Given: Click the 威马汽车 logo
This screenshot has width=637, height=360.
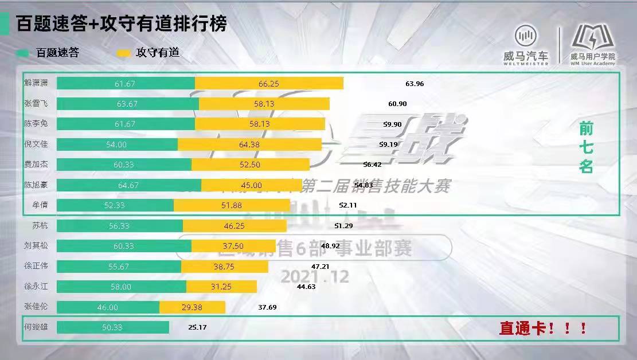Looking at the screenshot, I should (x=526, y=44).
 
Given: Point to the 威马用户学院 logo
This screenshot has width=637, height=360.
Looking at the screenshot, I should (x=593, y=44).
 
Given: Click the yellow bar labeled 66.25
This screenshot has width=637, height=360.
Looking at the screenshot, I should (x=269, y=84).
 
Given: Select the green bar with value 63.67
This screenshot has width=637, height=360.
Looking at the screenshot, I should (x=127, y=104).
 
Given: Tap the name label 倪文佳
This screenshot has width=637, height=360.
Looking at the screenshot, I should (x=39, y=144).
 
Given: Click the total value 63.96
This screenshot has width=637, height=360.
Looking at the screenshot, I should (x=414, y=84).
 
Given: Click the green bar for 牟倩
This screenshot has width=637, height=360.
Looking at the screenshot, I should (x=115, y=205).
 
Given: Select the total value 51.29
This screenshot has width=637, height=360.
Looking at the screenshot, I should (x=343, y=226).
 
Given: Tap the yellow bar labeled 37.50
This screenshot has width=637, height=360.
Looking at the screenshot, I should (x=233, y=246).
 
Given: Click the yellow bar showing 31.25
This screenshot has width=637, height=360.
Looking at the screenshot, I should (x=221, y=287).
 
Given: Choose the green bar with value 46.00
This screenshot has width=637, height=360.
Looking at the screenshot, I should (x=108, y=307).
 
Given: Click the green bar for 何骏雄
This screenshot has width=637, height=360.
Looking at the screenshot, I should (x=113, y=327).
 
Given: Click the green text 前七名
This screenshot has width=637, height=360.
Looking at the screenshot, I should (x=585, y=148).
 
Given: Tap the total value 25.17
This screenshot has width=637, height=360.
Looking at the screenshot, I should (x=197, y=327).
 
